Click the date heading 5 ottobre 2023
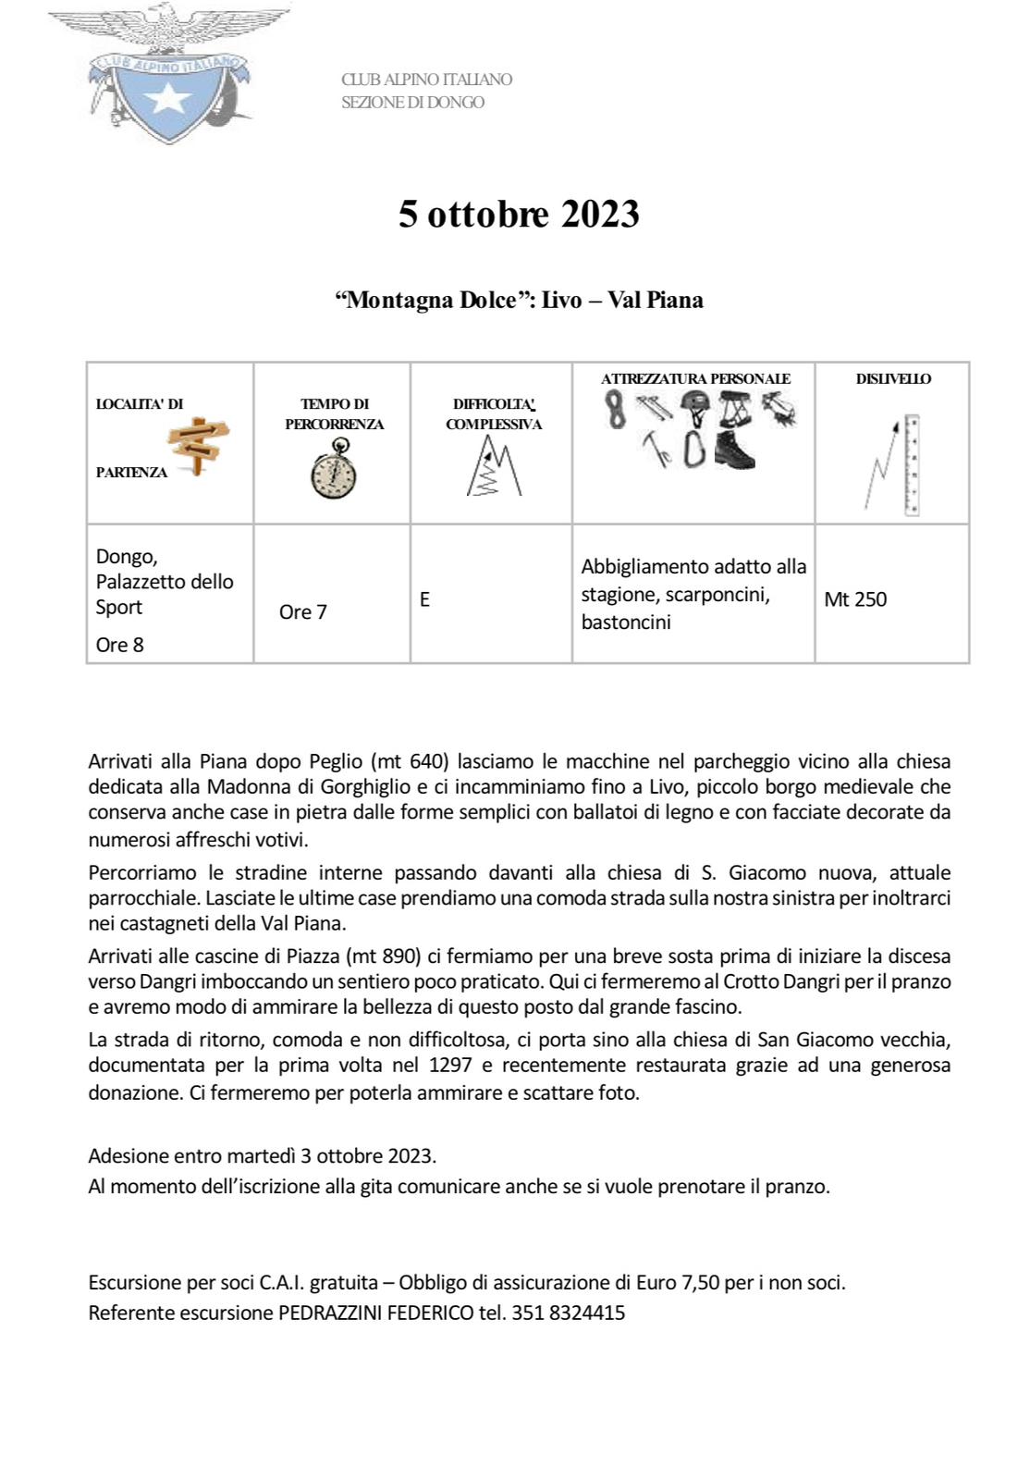point(519,214)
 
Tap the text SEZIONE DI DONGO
point(412,102)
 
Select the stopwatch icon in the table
point(334,471)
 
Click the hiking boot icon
point(735,449)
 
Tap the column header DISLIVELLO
point(893,378)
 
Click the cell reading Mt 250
point(855,599)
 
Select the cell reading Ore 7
point(302,612)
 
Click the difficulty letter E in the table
point(424,599)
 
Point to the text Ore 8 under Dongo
point(120,645)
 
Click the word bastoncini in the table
point(626,622)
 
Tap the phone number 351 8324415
point(568,1313)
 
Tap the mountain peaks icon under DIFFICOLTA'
point(493,468)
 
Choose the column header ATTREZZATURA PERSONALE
point(695,378)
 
